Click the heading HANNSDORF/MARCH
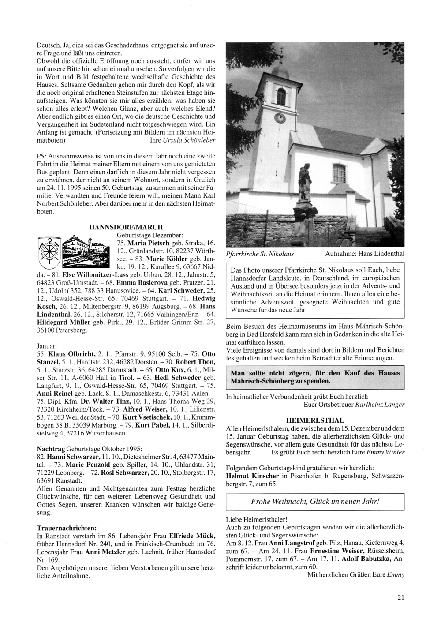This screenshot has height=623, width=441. coord(126,227)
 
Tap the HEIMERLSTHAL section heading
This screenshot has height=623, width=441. coord(315,420)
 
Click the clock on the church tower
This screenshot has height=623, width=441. coord(280,118)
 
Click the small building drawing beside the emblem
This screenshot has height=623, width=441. coord(84,249)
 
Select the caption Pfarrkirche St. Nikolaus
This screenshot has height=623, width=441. coord(260,254)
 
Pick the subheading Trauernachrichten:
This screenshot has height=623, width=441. coord(67,528)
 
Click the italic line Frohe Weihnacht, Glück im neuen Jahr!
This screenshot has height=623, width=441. coord(315,502)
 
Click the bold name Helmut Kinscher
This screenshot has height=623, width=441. coord(252,476)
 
